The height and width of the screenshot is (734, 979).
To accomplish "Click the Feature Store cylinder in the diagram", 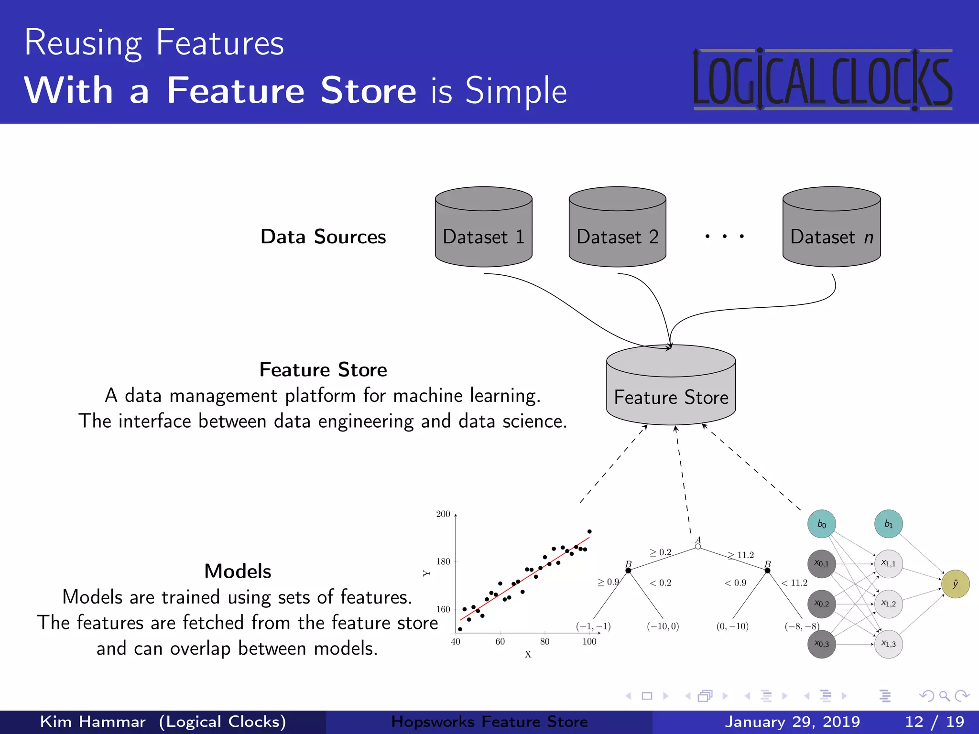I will tap(671, 387).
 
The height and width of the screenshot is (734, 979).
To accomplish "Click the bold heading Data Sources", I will tap(323, 237).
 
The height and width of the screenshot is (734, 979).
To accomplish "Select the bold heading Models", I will tap(238, 571).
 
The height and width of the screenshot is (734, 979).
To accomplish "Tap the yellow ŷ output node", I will tap(955, 584).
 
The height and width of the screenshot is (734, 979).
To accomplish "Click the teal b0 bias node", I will tap(821, 524).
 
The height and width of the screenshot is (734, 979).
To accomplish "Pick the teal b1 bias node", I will tap(888, 524).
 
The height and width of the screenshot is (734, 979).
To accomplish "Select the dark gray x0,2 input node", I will tap(821, 604).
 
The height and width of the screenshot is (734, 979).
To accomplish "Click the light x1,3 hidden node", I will tap(888, 644).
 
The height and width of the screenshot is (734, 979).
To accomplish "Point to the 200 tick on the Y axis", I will tap(443, 514).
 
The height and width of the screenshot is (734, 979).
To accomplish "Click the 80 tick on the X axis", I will tap(544, 642).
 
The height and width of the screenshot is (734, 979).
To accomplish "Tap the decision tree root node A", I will tap(698, 546).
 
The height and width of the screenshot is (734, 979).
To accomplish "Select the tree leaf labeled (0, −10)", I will tap(732, 626).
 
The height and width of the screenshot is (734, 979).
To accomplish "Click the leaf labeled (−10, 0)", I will tap(663, 626).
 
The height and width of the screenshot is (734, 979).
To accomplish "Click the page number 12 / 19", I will tap(934, 722).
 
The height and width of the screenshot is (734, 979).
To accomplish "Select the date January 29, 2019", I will tap(792, 722).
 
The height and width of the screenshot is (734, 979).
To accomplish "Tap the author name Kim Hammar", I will tap(93, 722).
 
